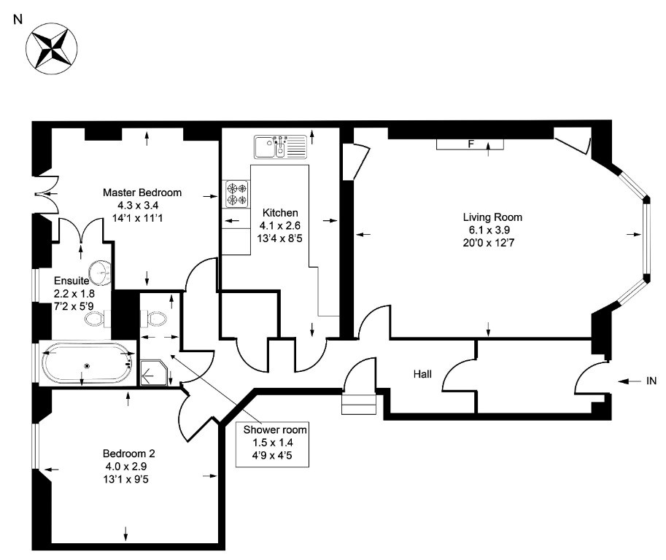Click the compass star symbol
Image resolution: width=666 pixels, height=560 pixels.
coord(51,49)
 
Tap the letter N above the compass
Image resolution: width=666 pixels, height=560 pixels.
coord(18,20)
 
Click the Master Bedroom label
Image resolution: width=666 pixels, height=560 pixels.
coord(142,192)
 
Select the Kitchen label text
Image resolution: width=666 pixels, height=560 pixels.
coord(280,213)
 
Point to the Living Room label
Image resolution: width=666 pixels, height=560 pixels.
coord(492,217)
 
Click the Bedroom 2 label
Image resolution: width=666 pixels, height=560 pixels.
coord(128,454)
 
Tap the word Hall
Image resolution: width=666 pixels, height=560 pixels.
coord(422,374)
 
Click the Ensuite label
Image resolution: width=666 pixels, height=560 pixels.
coord(71,281)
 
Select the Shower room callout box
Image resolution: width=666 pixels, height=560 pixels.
coord(272,445)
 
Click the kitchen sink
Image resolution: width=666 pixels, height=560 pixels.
coord(280,147)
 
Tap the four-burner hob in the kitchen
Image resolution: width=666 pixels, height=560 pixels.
coord(236,194)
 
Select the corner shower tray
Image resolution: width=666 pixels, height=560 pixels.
coord(153,373)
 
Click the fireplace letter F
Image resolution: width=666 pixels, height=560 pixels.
coord(471,144)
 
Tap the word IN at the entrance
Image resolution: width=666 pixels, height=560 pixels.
coord(651,381)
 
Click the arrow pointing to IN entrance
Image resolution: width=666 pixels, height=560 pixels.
coord(629,381)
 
